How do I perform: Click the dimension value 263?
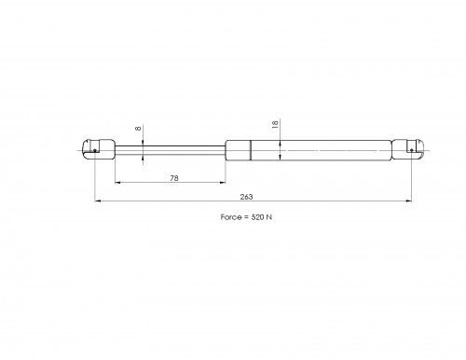(246, 197)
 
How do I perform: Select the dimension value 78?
(174, 178)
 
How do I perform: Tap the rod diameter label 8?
(139, 129)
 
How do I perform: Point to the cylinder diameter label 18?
(275, 125)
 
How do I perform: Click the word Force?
(231, 217)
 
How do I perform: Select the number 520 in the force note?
(257, 217)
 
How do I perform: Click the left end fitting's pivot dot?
(95, 150)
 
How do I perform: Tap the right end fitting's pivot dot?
(412, 150)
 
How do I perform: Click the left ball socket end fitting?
(99, 149)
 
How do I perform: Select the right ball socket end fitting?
(408, 149)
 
